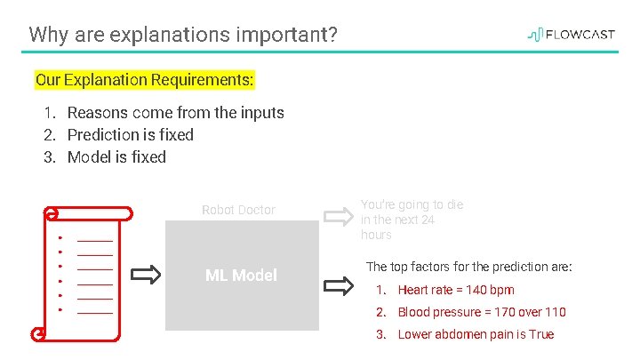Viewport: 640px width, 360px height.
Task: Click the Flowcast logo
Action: pos(571,35)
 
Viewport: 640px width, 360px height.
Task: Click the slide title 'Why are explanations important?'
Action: pos(182,36)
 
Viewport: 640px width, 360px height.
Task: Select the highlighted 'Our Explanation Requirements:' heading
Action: pos(144,80)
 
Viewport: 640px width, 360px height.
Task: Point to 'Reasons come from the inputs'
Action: pos(175,113)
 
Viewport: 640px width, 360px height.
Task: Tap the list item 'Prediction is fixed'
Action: pos(130,135)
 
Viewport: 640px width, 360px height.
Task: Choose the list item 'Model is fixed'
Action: pos(116,157)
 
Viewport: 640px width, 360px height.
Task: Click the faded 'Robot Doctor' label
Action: pos(238,211)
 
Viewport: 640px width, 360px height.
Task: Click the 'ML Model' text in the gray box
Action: pos(241,276)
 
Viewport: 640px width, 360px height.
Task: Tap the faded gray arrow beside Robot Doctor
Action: pos(339,216)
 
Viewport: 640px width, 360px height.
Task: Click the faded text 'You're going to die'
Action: pos(412,204)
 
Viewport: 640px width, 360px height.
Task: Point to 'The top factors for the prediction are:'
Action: pos(469,267)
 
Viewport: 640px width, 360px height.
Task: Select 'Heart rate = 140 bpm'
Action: pos(455,290)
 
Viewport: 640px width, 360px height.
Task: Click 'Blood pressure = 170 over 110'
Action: pos(481,312)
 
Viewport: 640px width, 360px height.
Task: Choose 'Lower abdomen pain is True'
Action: pos(476,334)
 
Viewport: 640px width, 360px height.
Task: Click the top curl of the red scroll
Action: pos(52,213)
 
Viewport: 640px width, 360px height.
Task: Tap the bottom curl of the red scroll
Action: pos(39,333)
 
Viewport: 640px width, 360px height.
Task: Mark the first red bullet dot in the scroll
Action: pos(59,238)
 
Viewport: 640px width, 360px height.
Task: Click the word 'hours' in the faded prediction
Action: pos(376,235)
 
